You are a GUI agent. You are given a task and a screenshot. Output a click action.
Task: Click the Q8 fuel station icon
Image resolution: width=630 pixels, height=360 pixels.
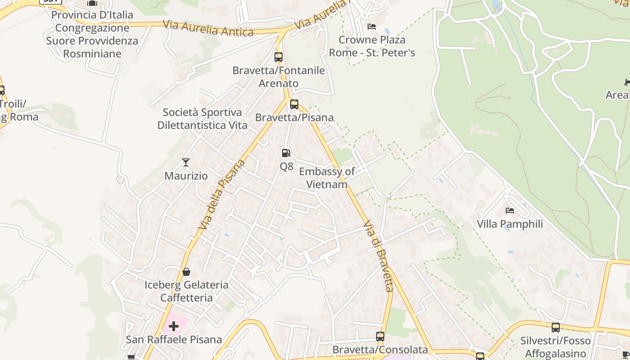click(x=286, y=153)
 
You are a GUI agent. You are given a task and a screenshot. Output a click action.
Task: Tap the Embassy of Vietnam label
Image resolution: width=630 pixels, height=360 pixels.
click(x=327, y=178)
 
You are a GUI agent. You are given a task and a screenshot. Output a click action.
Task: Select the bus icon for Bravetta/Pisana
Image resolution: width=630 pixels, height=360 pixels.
click(x=294, y=104)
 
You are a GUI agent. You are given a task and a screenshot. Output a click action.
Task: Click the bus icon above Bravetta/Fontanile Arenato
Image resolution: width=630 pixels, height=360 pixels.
click(x=279, y=57)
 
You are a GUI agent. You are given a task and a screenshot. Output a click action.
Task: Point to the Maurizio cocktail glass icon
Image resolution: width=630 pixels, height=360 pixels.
click(x=186, y=162)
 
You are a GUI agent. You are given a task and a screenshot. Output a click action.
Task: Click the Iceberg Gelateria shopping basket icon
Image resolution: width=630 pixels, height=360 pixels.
click(x=186, y=272)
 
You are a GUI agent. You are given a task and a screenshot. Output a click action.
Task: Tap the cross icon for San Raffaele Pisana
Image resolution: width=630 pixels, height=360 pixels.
click(x=174, y=326)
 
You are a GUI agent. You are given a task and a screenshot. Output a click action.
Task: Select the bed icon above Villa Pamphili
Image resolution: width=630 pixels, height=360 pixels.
click(x=510, y=211)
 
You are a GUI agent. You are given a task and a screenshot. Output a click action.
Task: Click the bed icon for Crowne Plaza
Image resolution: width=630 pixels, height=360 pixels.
click(x=372, y=27)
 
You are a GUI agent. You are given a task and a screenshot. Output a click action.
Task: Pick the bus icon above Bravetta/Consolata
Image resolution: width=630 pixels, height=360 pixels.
click(x=380, y=337)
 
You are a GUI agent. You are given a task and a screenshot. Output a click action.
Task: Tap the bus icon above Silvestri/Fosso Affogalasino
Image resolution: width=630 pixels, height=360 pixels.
click(x=556, y=328)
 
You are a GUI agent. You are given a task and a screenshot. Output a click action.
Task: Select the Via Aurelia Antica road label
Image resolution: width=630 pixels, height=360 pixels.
click(x=208, y=28)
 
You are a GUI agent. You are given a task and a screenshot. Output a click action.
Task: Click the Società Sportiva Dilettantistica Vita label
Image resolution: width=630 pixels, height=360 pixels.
click(x=202, y=119)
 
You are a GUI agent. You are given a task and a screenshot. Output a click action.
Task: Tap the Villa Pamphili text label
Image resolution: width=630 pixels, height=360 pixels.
click(x=510, y=224)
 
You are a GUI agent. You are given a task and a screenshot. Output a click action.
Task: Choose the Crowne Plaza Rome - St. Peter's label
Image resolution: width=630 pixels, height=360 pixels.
click(x=372, y=46)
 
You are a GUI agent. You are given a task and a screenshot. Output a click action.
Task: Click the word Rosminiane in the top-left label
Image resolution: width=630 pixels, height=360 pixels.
click(x=92, y=54)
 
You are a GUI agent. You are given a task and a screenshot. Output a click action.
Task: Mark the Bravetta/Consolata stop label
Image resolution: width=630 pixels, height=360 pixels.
click(x=380, y=350)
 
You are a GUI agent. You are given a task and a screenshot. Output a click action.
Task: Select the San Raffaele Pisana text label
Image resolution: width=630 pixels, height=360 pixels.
click(x=174, y=339)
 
